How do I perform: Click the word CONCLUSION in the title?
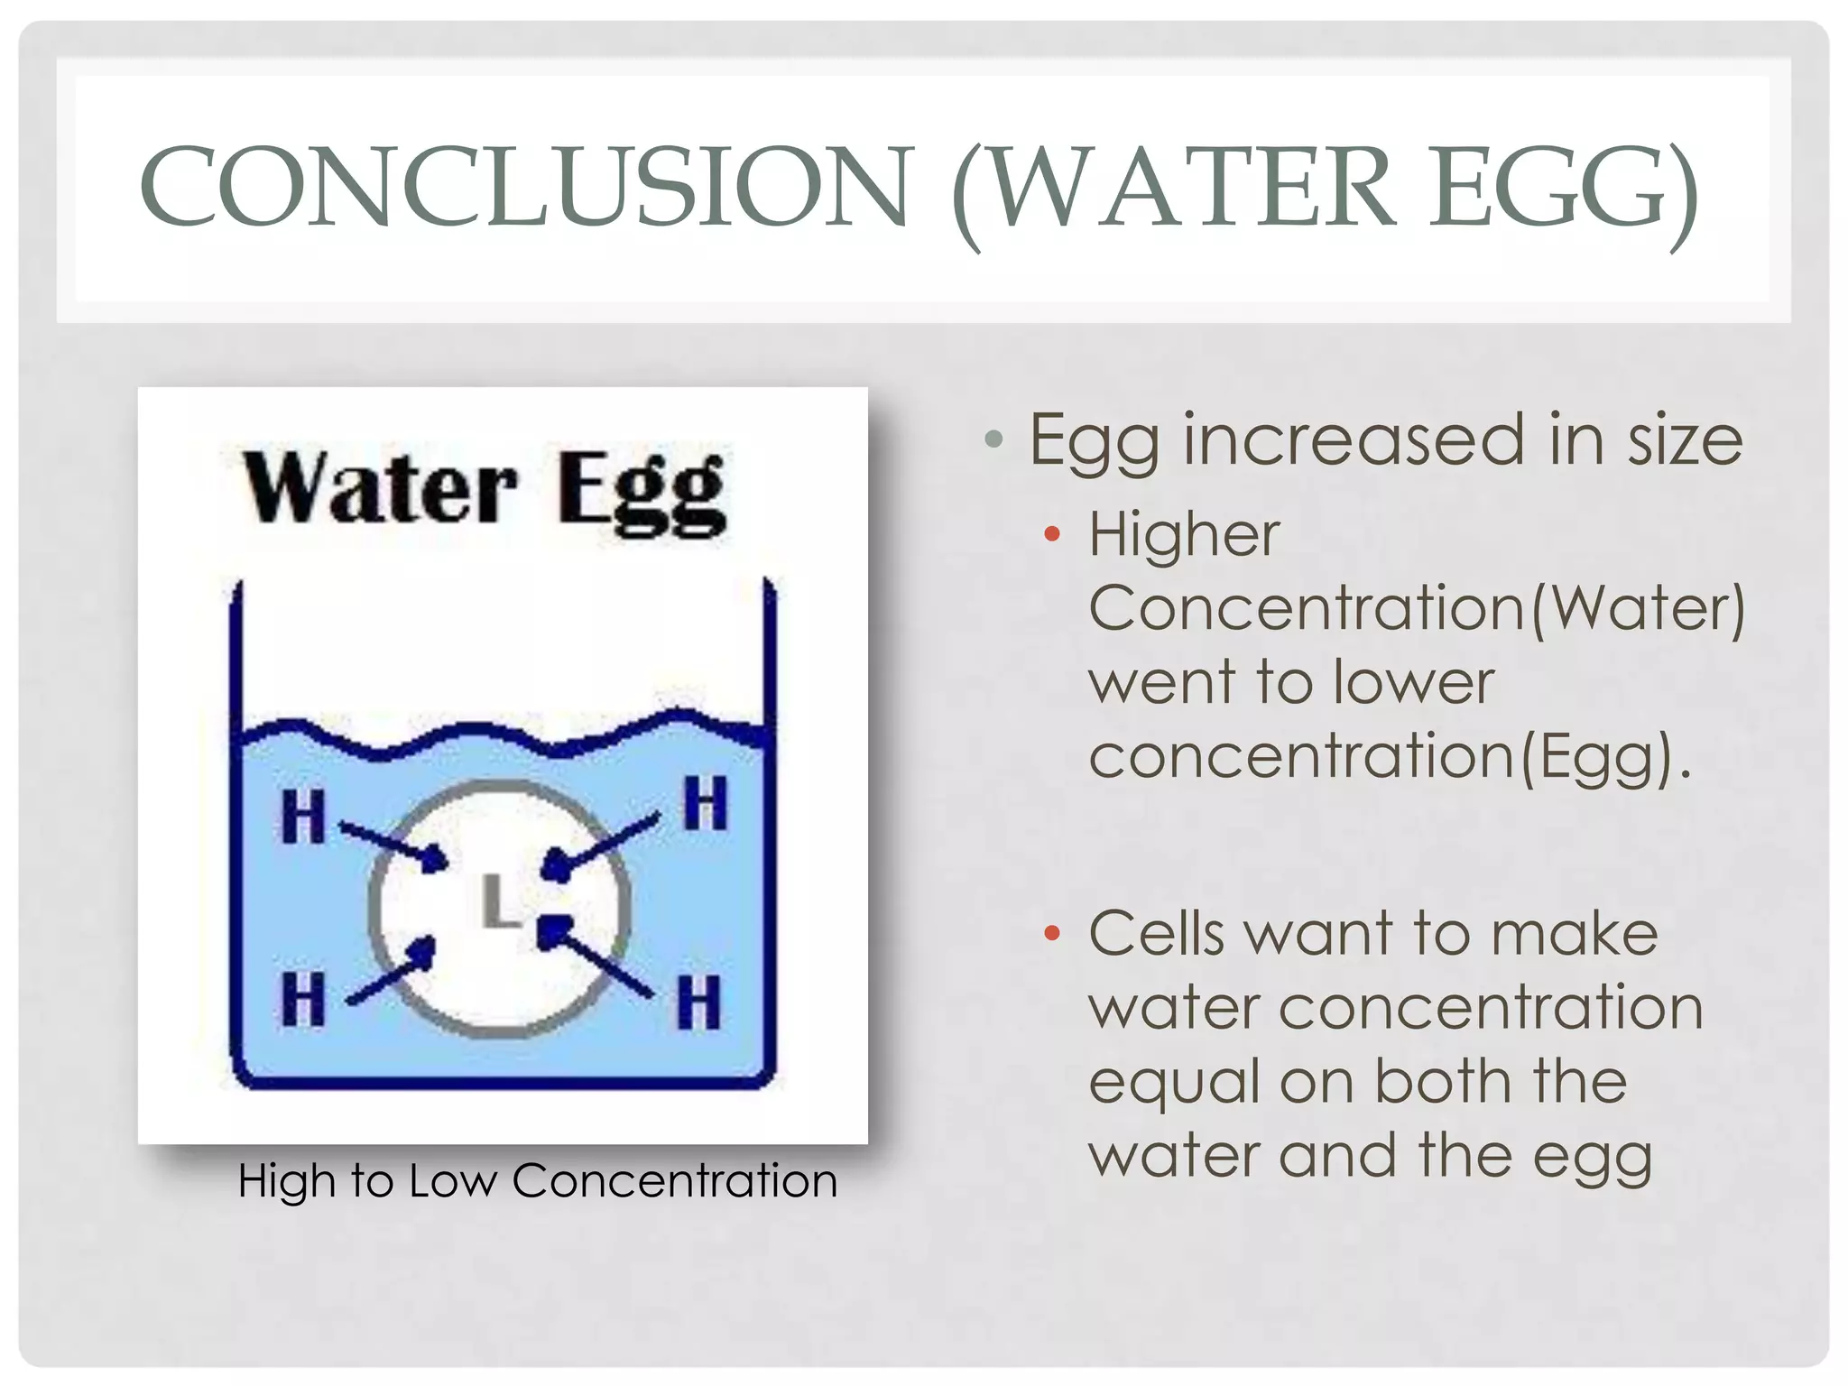(x=528, y=187)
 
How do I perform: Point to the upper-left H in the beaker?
(x=303, y=816)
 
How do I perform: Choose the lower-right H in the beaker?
(x=700, y=1001)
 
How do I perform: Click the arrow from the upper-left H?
(x=393, y=843)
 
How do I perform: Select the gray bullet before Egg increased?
(x=994, y=440)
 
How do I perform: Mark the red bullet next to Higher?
(x=1051, y=533)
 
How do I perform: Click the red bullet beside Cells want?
(x=1051, y=932)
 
